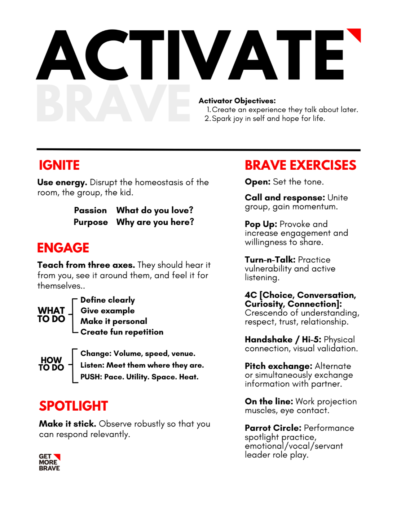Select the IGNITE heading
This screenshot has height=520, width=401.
[x=59, y=165]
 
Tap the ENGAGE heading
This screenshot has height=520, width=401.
[x=63, y=248]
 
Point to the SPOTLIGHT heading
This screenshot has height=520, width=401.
[x=74, y=406]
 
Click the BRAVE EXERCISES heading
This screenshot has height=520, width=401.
[x=300, y=165]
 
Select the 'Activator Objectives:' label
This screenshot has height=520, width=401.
[x=237, y=101]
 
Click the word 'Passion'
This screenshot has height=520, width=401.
[x=91, y=210]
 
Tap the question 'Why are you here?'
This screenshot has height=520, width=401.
[x=155, y=222]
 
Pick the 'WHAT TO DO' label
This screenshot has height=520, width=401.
[x=51, y=315]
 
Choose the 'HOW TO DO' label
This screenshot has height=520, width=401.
[x=51, y=364]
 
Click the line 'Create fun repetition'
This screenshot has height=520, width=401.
[x=122, y=332]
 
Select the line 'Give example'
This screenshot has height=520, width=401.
[x=107, y=311]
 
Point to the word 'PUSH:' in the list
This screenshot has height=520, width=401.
[x=91, y=377]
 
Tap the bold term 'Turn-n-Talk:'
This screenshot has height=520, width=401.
[x=270, y=260]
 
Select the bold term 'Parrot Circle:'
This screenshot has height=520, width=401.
[x=273, y=428]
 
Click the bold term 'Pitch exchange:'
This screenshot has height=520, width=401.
[x=278, y=366]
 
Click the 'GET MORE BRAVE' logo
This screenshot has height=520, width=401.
[x=49, y=462]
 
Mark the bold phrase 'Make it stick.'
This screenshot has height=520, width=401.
[x=67, y=424]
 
